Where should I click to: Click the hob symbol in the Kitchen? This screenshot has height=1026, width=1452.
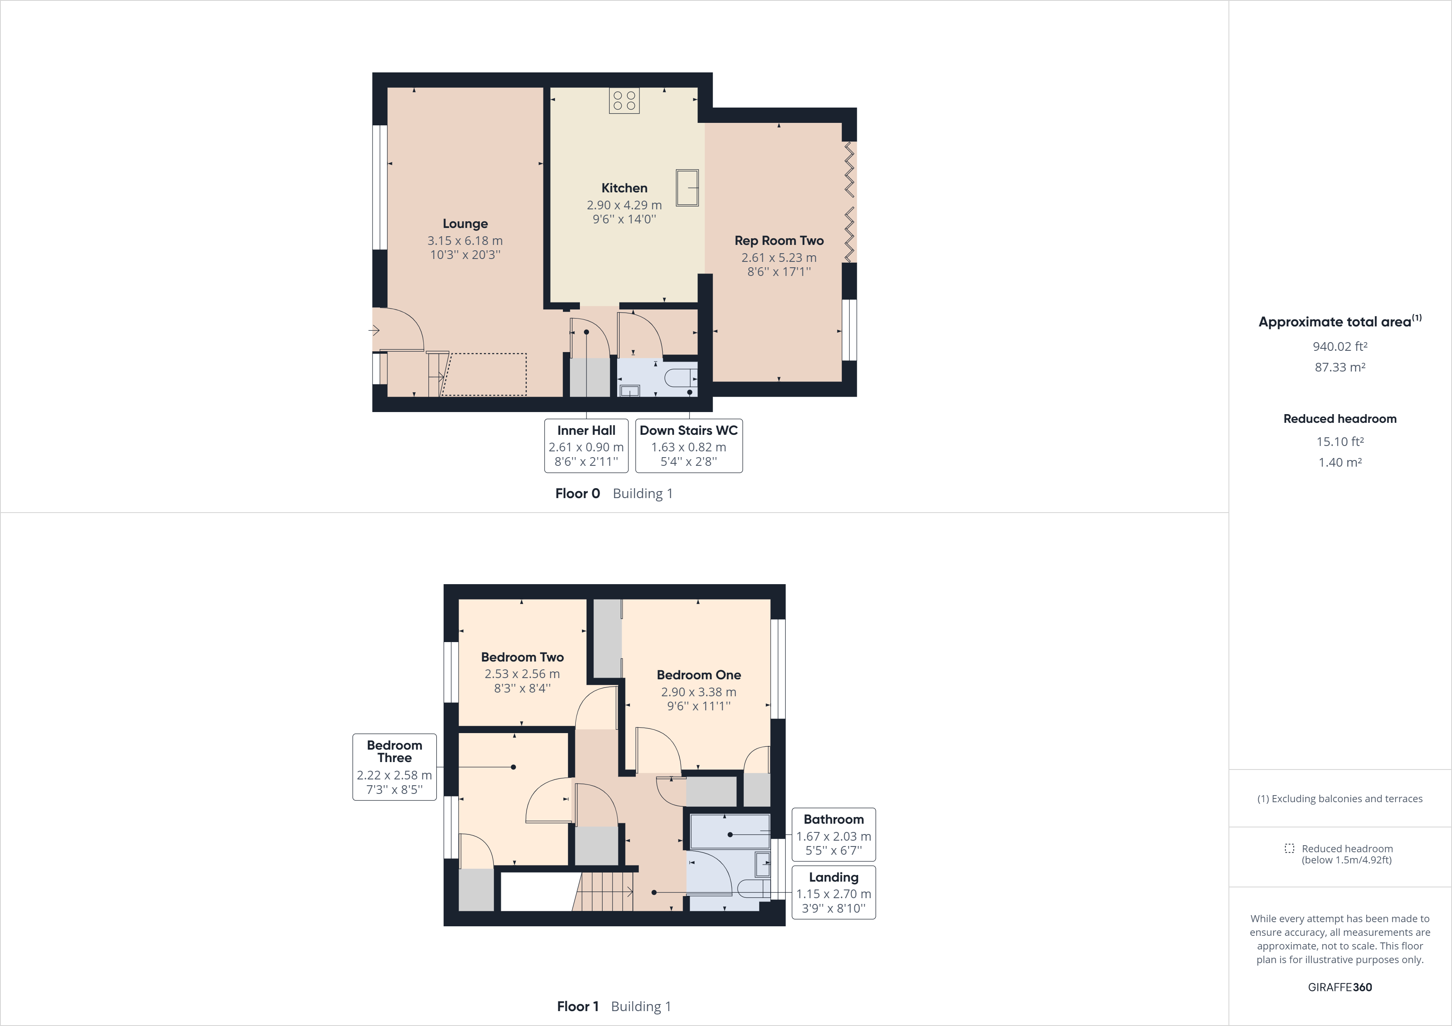click(x=624, y=101)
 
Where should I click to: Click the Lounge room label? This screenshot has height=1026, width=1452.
click(x=465, y=224)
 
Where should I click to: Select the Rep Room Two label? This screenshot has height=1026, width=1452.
click(x=779, y=241)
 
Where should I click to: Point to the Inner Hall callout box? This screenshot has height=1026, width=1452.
click(x=586, y=446)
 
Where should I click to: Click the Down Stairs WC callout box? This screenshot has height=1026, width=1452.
click(x=689, y=446)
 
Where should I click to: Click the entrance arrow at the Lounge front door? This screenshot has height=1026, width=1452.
click(x=374, y=330)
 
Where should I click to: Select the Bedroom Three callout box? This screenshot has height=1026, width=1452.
click(x=394, y=767)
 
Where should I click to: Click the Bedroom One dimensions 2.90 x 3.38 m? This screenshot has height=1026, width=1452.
click(x=698, y=692)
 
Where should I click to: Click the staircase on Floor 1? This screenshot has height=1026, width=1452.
click(x=604, y=892)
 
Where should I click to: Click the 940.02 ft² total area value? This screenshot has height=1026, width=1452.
click(x=1339, y=346)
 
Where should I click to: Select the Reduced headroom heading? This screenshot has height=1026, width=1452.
click(x=1339, y=419)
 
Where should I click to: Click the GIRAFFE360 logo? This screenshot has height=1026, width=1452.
click(x=1339, y=987)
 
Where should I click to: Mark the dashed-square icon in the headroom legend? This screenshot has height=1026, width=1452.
click(x=1289, y=849)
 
